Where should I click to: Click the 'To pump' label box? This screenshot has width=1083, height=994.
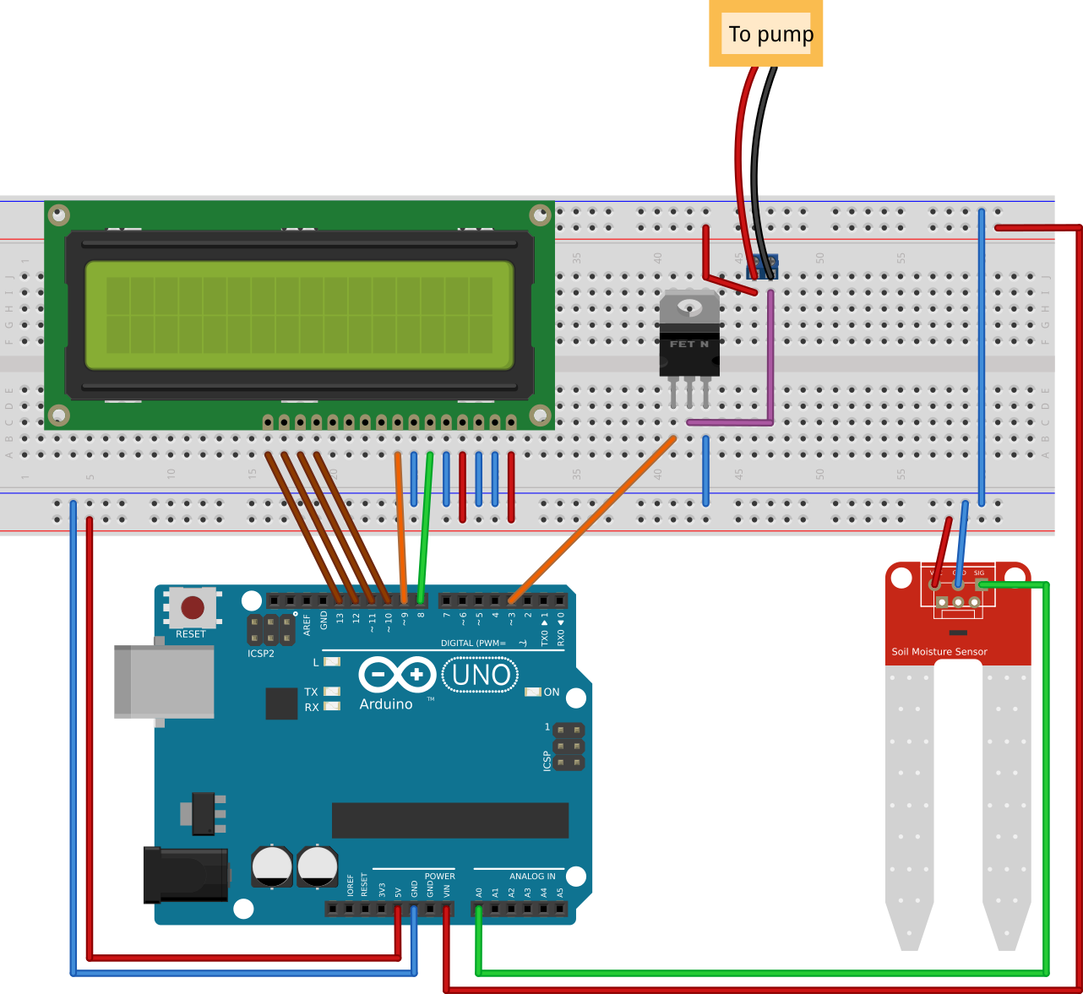coord(765,34)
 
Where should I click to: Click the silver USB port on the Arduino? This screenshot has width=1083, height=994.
coord(164,682)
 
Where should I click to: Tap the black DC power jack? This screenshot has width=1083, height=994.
coord(186,874)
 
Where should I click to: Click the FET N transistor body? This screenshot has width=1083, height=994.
coord(689,346)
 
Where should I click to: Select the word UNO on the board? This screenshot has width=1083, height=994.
coord(481,675)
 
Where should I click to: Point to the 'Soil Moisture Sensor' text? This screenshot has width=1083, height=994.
coord(939,652)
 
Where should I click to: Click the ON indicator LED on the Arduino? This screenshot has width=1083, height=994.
coord(532,692)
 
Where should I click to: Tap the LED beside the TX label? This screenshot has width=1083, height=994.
coord(332,692)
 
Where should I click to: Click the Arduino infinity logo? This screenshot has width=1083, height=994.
coord(397,675)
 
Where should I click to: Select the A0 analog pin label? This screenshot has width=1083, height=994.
coord(479,892)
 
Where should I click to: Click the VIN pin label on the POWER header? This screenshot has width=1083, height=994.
coord(447,890)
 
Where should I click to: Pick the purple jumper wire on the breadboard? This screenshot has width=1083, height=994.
coord(770,363)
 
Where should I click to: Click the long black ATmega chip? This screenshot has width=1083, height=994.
coord(449,820)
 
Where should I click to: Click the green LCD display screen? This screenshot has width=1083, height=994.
coord(299,315)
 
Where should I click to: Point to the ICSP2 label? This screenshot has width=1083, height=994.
coord(261,654)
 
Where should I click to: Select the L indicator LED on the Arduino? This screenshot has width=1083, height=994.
coord(332,662)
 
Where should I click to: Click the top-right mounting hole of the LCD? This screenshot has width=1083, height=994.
coord(540,215)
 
